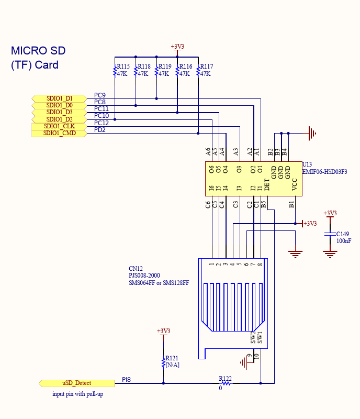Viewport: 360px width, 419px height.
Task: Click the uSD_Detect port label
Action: coord(76,383)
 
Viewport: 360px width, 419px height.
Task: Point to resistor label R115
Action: coord(123,67)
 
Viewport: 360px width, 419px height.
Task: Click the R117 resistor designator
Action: coord(206,67)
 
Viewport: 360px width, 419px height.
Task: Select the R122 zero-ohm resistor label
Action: coord(226,378)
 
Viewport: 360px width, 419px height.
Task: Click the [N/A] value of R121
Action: coord(172,365)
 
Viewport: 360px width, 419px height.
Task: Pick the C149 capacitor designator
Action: coord(342,234)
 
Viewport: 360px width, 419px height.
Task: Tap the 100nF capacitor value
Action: coord(344,241)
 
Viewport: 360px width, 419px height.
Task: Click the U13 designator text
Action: coord(307,164)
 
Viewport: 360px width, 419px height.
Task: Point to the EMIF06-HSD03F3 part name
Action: coord(325,171)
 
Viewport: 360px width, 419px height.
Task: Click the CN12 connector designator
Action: coord(136,269)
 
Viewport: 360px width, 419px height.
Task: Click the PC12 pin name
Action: coord(102,123)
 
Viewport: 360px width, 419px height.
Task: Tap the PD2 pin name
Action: coord(100,130)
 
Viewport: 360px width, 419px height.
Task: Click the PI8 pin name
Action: coord(127,379)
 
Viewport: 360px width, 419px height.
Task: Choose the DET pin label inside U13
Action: coord(267,184)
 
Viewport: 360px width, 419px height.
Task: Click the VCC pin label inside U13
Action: coord(295,184)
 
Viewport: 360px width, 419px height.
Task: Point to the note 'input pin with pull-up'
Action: coord(77,394)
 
